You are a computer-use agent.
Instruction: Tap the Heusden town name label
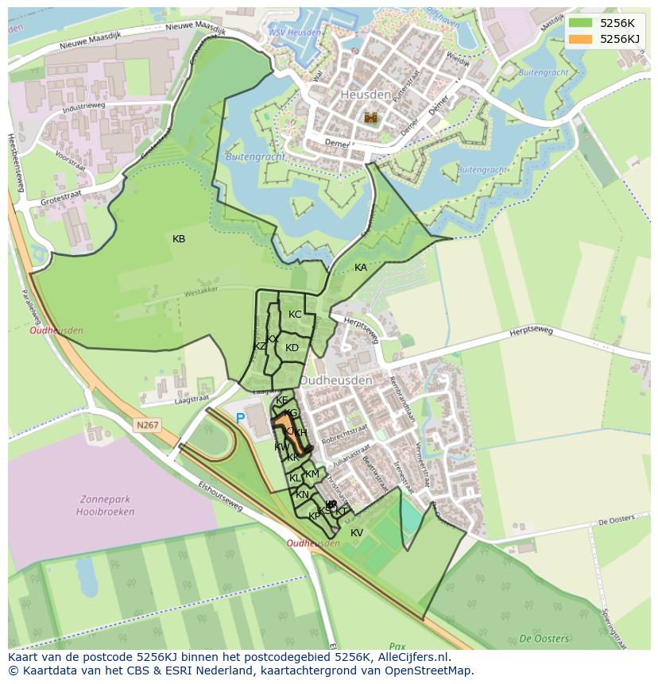click(x=366, y=95)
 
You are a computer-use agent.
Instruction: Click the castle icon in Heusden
click(x=370, y=118)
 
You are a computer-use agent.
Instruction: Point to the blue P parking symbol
click(x=240, y=418)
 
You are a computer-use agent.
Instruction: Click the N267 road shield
click(x=148, y=426)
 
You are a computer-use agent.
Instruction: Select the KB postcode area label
click(x=179, y=239)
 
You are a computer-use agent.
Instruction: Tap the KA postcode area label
click(x=361, y=268)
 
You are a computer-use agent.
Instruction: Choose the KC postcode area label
click(x=295, y=315)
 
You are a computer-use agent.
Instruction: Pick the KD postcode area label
click(x=292, y=348)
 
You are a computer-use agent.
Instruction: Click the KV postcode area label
click(x=357, y=533)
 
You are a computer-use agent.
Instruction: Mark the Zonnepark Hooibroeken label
click(x=107, y=506)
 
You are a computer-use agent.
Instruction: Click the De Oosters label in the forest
click(x=544, y=638)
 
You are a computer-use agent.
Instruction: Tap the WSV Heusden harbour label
click(x=295, y=33)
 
